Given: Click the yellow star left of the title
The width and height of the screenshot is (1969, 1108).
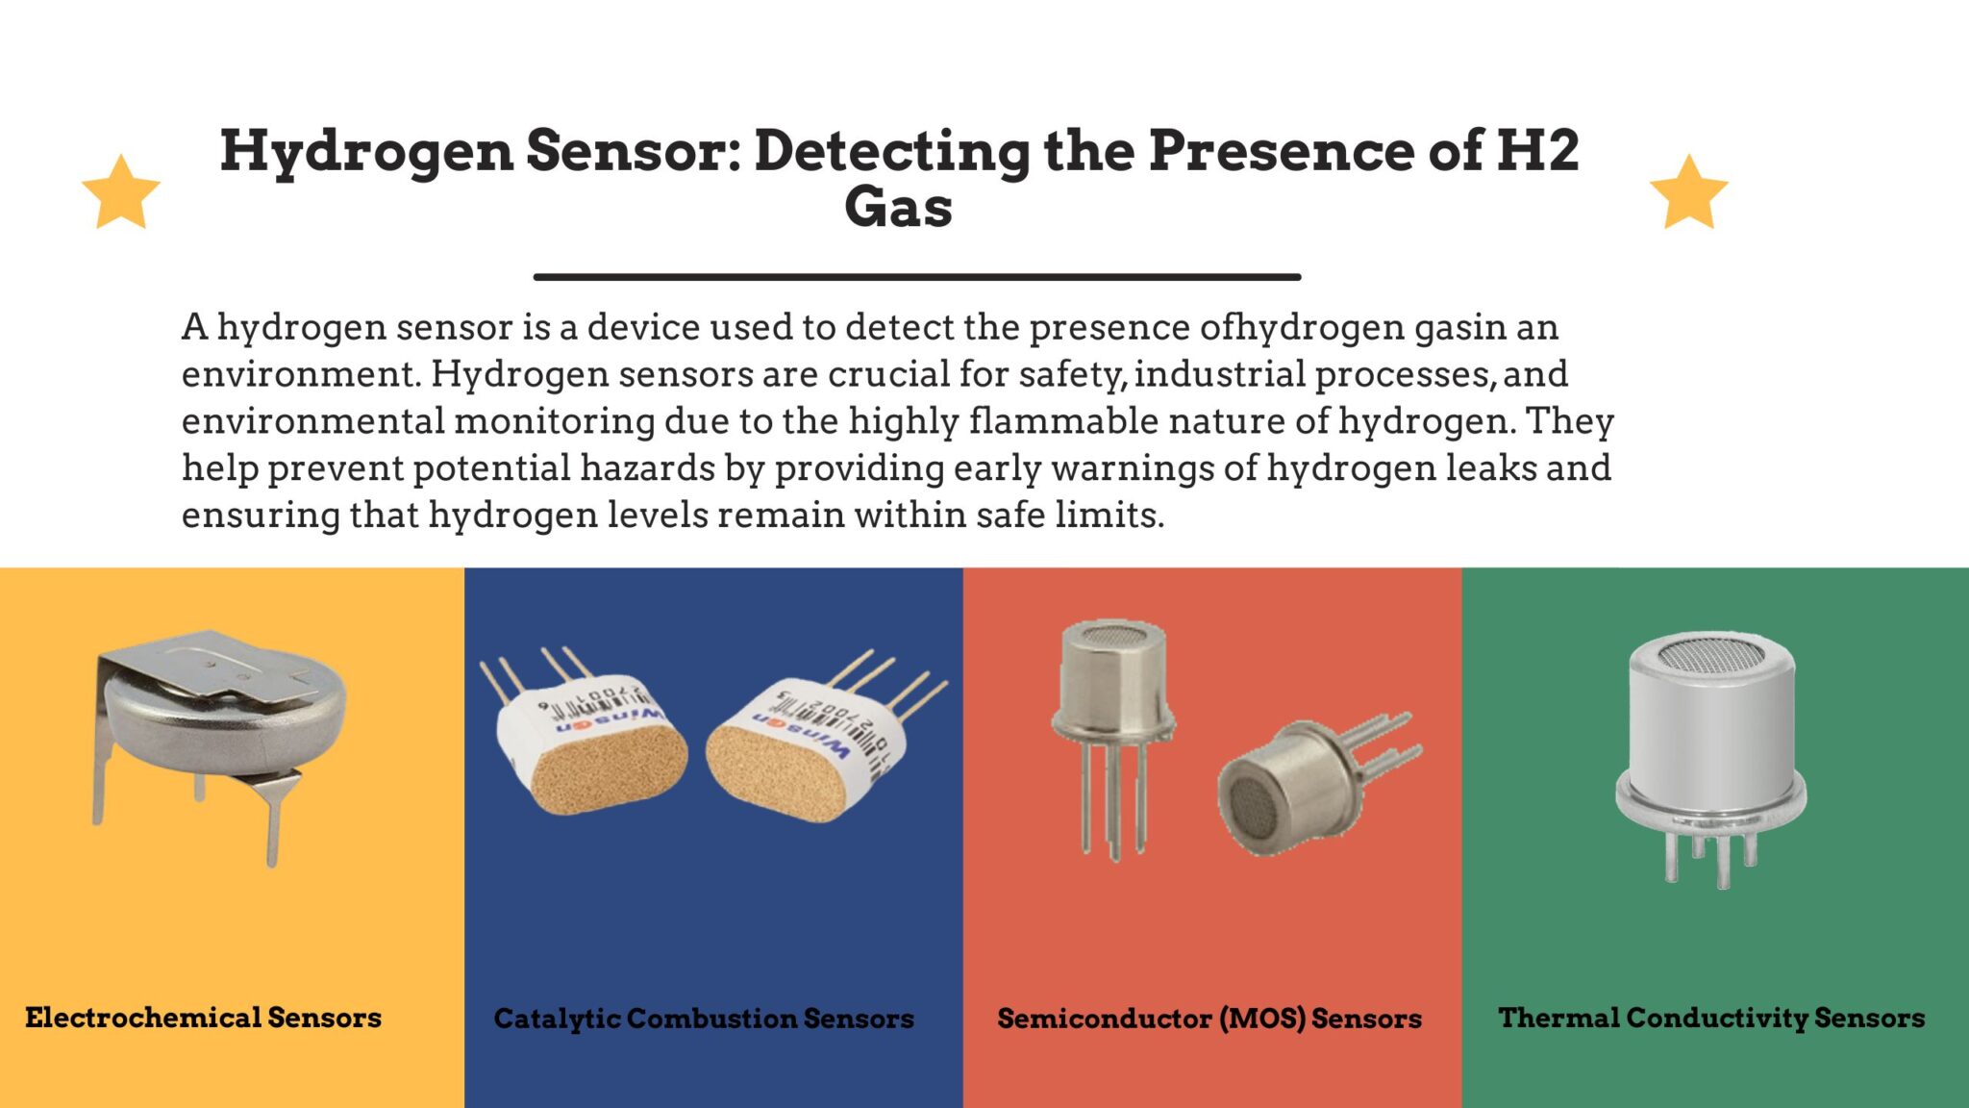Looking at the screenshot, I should pyautogui.click(x=121, y=193).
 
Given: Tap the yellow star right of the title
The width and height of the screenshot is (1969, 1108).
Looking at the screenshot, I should pyautogui.click(x=1688, y=193).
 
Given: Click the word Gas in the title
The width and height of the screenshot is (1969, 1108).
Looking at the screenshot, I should pyautogui.click(x=898, y=207).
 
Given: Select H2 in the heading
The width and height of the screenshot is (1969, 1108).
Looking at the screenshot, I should pyautogui.click(x=1537, y=151).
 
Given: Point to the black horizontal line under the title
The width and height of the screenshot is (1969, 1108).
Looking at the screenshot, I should pyautogui.click(x=917, y=277).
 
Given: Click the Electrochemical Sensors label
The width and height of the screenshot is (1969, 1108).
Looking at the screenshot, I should pyautogui.click(x=203, y=1018).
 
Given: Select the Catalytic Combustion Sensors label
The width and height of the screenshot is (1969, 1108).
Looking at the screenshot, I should pyautogui.click(x=704, y=1019).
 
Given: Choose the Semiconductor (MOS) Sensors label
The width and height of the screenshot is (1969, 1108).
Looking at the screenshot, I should pyautogui.click(x=1209, y=1019).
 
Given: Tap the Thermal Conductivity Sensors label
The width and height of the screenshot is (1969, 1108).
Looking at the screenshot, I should pyautogui.click(x=1711, y=1018).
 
